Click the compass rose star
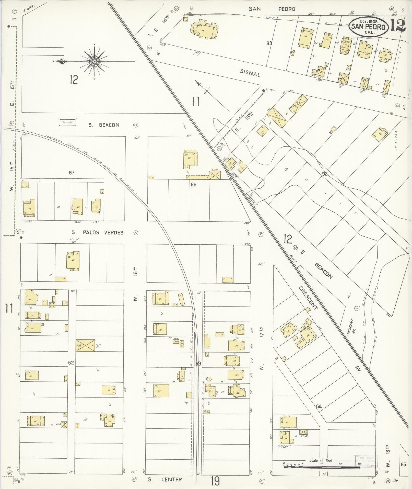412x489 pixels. click(x=94, y=61)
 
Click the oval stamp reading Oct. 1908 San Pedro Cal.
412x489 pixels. click(x=368, y=26)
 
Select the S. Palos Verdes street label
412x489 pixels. click(x=97, y=232)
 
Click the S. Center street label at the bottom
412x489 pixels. click(x=165, y=479)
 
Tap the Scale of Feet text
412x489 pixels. click(x=321, y=460)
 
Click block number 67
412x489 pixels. click(x=72, y=173)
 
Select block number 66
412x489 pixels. click(x=193, y=184)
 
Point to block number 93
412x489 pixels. click(x=269, y=43)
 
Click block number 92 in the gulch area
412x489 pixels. click(x=325, y=174)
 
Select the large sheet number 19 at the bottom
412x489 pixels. click(x=215, y=481)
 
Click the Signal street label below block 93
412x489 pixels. click(x=250, y=74)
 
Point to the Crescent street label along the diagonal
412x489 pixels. click(x=309, y=298)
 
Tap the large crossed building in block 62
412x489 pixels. click(x=85, y=345)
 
